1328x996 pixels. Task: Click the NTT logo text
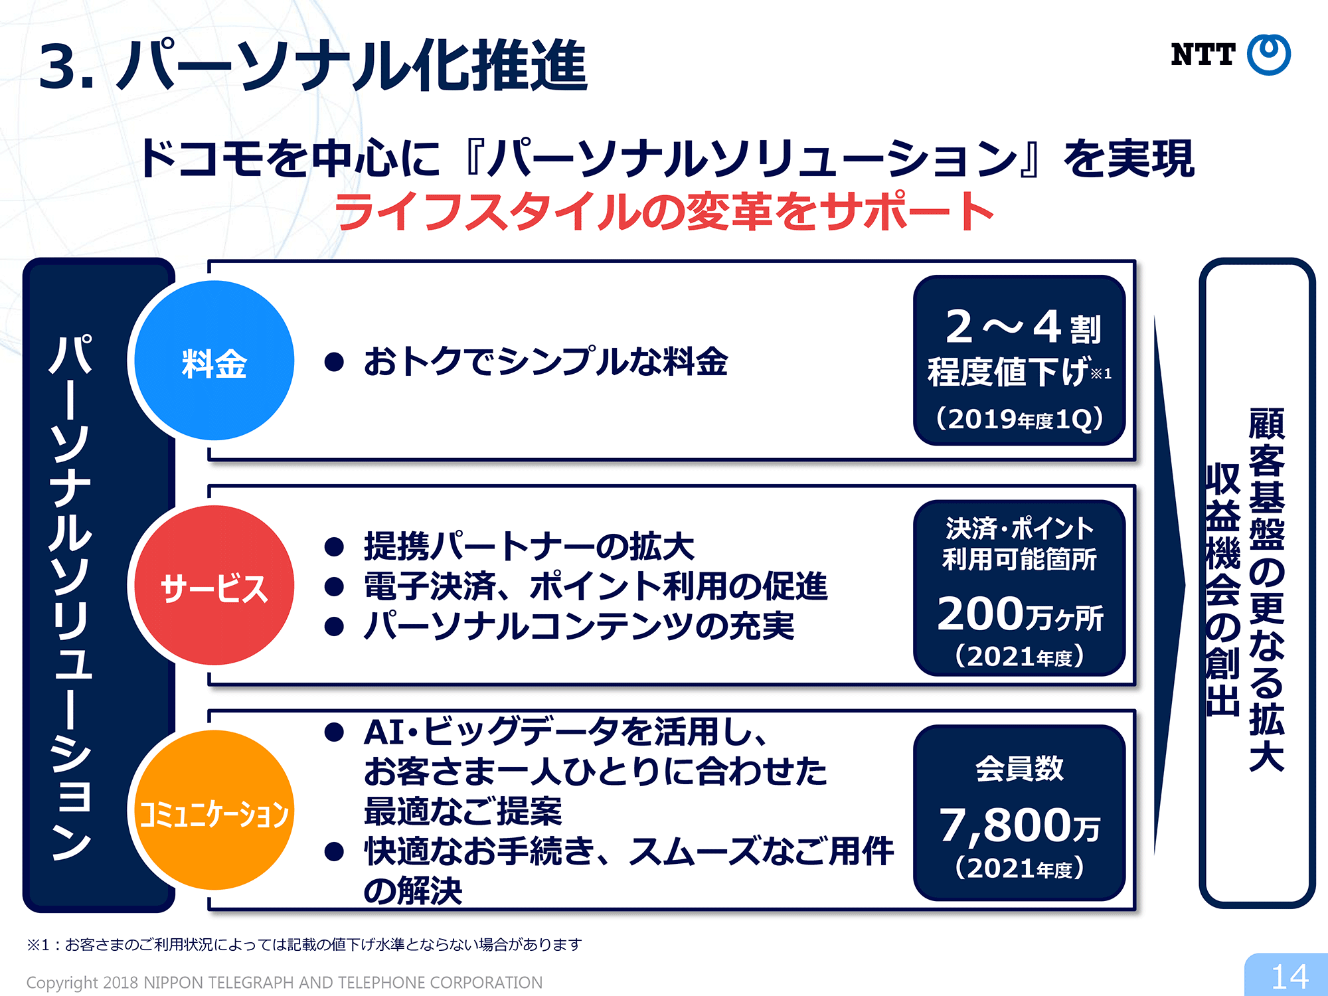(1203, 54)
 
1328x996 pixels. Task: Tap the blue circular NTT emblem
(1269, 54)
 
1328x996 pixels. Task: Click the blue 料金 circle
(214, 361)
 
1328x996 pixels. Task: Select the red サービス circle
(214, 585)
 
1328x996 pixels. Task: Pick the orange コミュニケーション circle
(214, 810)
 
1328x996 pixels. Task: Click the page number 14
(1289, 977)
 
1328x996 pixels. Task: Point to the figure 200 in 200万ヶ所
(981, 614)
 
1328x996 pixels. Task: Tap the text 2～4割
(1023, 327)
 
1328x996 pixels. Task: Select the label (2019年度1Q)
(1019, 419)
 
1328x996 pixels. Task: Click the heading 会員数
(1019, 768)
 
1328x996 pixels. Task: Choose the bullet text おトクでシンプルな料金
(546, 362)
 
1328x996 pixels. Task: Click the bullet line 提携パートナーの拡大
(529, 546)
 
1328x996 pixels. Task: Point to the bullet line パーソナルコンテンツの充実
(579, 625)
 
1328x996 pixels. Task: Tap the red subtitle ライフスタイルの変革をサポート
(664, 211)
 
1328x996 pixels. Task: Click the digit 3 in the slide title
(58, 66)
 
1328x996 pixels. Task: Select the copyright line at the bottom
(284, 982)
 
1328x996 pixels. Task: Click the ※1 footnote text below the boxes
(304, 944)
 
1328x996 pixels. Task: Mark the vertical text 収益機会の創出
(1222, 589)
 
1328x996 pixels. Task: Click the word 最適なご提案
(463, 811)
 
